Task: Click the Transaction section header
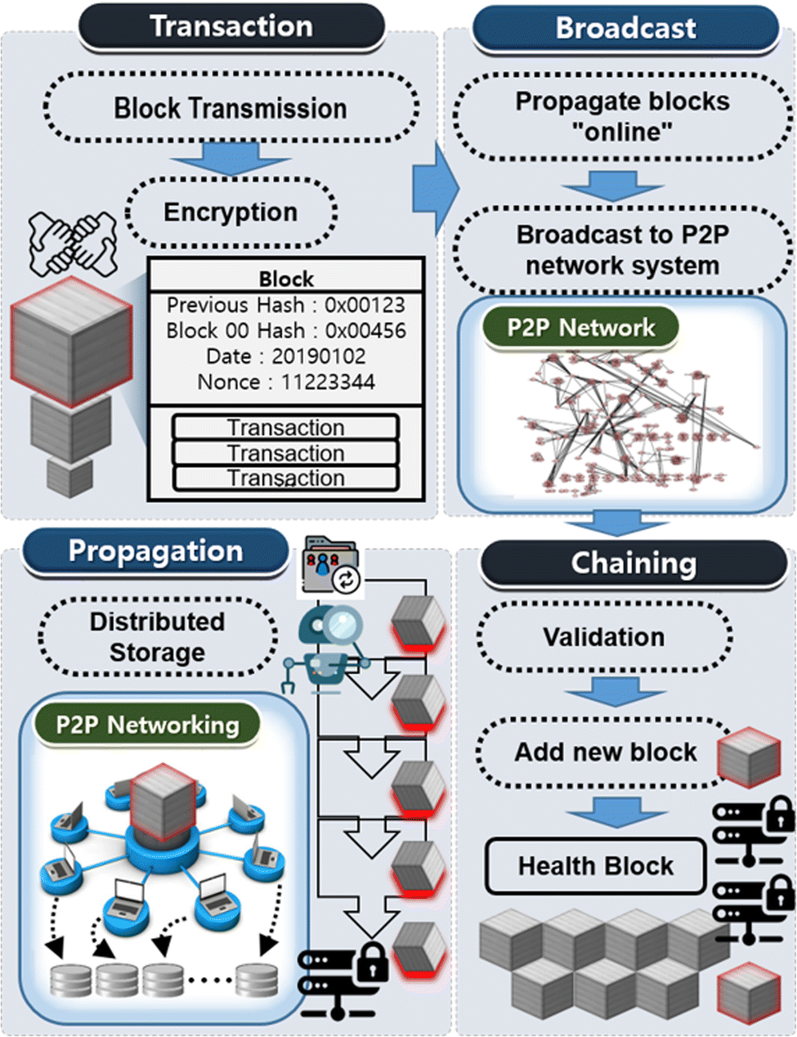[231, 26]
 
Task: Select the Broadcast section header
[625, 28]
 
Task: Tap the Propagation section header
[155, 551]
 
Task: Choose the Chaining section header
[634, 563]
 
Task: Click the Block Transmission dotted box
[231, 108]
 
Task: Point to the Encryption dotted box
[231, 212]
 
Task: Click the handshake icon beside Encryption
[73, 243]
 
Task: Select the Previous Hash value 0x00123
[365, 305]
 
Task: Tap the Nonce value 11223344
[328, 382]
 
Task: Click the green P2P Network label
[580, 328]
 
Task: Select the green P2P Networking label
[147, 725]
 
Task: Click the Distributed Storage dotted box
[157, 637]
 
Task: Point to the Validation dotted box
[603, 637]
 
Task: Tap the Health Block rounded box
[595, 866]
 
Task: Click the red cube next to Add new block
[749, 757]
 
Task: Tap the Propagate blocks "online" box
[622, 116]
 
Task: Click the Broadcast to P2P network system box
[622, 250]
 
